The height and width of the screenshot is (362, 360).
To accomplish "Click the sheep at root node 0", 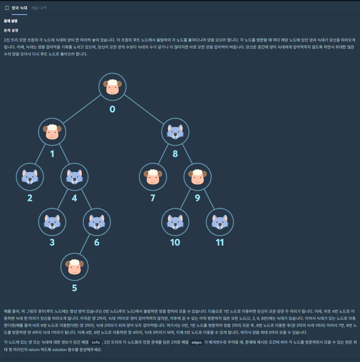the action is tap(112, 87).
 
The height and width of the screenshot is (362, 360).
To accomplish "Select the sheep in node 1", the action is tap(52, 132).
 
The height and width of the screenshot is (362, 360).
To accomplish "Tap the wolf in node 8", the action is tap(175, 132).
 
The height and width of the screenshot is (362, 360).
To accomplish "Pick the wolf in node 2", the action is tap(30, 177).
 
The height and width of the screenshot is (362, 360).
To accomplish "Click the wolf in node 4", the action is tap(74, 177).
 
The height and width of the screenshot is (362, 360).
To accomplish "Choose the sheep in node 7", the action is tap(153, 177).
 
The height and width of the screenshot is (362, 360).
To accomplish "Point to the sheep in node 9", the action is tap(197, 177).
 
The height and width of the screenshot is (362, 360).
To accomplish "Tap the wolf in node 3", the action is tap(52, 222).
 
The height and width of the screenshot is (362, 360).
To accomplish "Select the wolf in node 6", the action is tap(97, 222).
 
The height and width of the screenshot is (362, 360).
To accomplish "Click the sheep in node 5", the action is tap(74, 267).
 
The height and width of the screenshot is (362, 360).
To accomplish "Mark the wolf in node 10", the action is tap(175, 222).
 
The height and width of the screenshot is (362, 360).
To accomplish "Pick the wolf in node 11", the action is tap(220, 222).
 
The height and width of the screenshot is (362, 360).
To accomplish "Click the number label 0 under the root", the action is tap(112, 109).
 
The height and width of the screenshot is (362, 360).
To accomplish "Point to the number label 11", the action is tap(220, 242).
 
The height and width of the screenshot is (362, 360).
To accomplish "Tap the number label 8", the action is tap(175, 154).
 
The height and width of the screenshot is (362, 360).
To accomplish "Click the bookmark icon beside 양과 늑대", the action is tap(7, 8).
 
